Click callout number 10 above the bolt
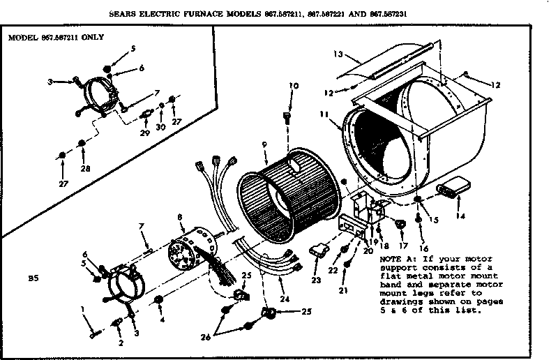(x=293, y=86)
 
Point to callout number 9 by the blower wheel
(x=264, y=144)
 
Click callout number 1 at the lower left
(x=82, y=308)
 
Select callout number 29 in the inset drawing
(x=145, y=132)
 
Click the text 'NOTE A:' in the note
(x=397, y=259)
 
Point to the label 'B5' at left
(x=32, y=278)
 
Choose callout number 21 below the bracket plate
(x=343, y=290)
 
